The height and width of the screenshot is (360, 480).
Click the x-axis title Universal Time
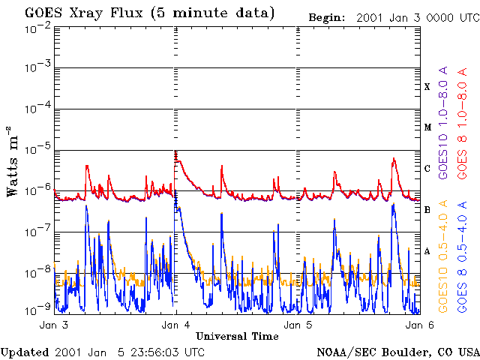[x=237, y=336]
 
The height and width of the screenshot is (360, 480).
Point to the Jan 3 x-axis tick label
[x=54, y=325]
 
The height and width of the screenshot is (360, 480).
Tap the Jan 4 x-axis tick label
[x=175, y=325]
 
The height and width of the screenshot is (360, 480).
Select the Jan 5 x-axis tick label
[x=298, y=325]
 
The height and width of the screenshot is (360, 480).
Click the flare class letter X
[x=427, y=87]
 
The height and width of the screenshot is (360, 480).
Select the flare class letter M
[x=427, y=127]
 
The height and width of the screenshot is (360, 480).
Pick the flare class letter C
[x=427, y=168]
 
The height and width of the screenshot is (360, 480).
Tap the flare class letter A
[x=427, y=251]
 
